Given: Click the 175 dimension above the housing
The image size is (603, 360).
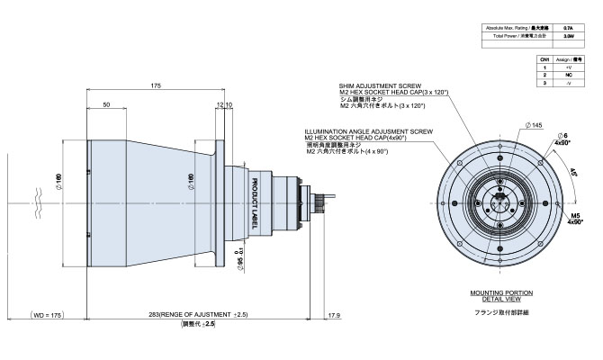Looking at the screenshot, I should point(156,85).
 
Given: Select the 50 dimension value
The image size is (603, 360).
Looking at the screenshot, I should point(106,105).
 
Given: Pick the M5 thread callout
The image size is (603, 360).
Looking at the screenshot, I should point(572,216).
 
